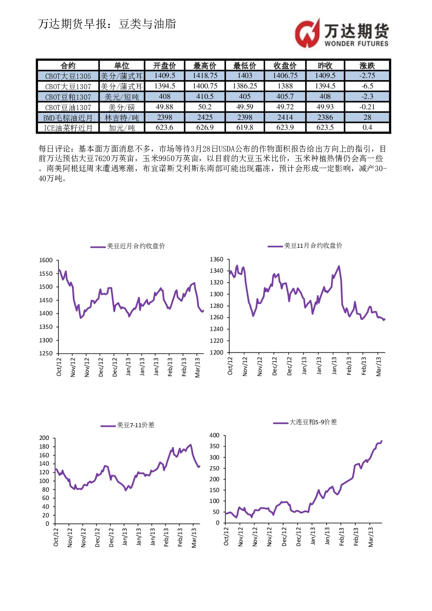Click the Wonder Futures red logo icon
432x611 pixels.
[x=307, y=33]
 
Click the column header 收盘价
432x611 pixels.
[x=285, y=65]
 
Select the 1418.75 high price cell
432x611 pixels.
[x=205, y=75]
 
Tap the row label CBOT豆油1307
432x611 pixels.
[x=68, y=107]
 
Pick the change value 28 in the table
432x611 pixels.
[x=367, y=117]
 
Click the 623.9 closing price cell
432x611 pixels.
[x=285, y=128]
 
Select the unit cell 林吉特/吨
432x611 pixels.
[x=121, y=118]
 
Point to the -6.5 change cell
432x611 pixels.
[x=367, y=86]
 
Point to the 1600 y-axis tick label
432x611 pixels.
[x=46, y=260]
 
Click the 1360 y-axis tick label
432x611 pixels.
[x=216, y=259]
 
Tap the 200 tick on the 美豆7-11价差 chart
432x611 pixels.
[x=44, y=438]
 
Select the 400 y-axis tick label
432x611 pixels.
[x=214, y=435]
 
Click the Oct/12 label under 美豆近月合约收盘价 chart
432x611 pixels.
[x=59, y=367]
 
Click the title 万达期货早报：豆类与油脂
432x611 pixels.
[x=107, y=24]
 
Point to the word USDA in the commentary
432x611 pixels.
[x=226, y=149]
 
